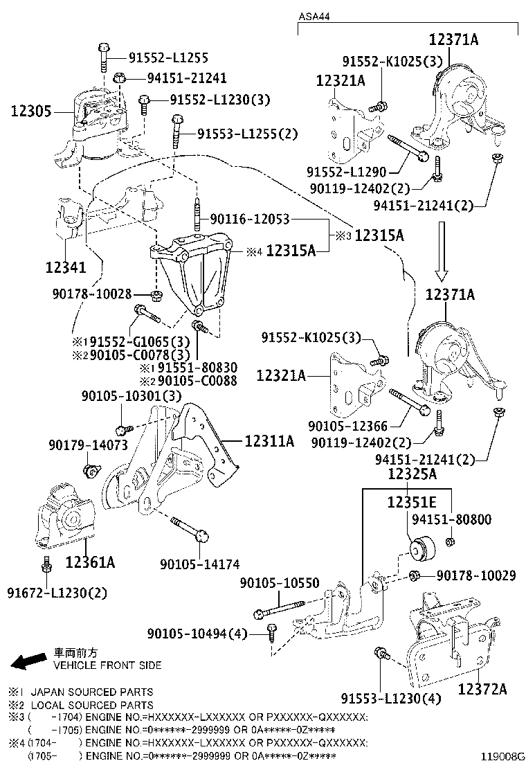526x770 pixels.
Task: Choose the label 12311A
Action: click(x=269, y=440)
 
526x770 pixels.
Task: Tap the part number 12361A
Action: click(x=90, y=562)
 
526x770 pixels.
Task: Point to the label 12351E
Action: click(x=412, y=503)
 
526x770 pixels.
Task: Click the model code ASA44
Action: click(x=314, y=15)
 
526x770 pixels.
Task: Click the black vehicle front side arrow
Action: click(x=27, y=661)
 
